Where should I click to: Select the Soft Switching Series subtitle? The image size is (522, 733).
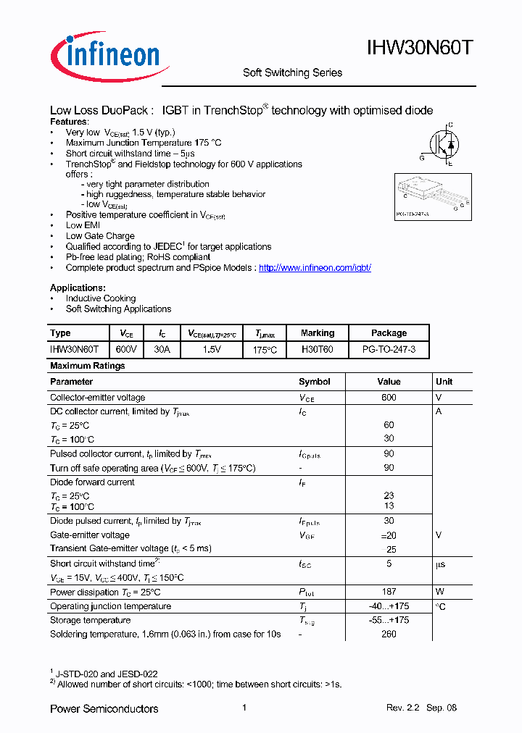point(292,72)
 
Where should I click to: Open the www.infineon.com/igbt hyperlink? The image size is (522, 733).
point(315,267)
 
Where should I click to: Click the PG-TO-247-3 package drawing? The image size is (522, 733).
point(433,196)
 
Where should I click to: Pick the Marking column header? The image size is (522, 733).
point(318,333)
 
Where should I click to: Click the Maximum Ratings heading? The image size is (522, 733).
point(88,366)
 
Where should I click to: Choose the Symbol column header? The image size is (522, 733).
point(314,382)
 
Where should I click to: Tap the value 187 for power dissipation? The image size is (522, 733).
point(389,592)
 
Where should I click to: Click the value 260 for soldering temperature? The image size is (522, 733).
point(389,634)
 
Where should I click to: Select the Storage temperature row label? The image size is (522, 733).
point(91,620)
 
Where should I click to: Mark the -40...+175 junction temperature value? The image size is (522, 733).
point(389,606)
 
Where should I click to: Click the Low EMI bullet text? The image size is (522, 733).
point(83,225)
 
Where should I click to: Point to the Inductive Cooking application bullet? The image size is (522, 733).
point(101,298)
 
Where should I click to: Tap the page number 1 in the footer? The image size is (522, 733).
point(245,708)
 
